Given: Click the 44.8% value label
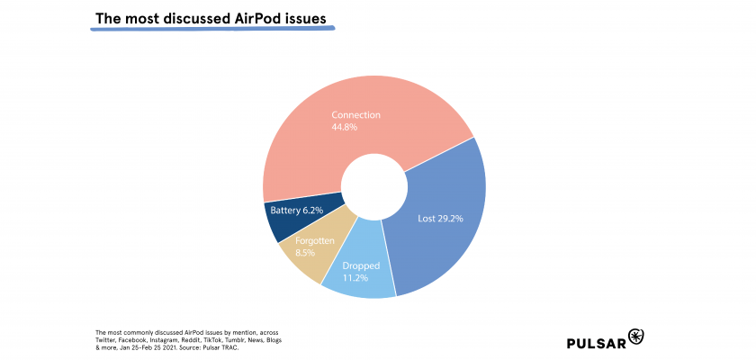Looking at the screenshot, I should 344,128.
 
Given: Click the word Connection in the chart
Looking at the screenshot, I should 355,115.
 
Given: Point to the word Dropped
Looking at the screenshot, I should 361,266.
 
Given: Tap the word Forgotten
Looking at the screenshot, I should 315,242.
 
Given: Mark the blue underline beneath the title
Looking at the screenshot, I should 212,30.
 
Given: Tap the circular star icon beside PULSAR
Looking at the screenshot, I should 637,337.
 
